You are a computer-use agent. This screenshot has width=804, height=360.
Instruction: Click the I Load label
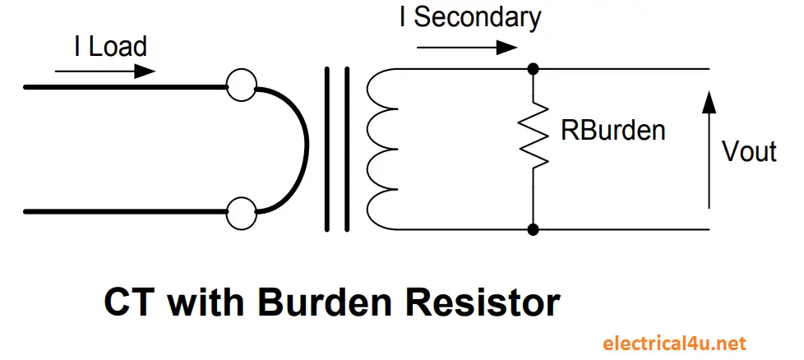coord(110,46)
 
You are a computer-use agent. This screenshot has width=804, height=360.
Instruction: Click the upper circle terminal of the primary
coord(241,85)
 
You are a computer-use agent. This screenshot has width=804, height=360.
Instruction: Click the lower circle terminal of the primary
coord(241,212)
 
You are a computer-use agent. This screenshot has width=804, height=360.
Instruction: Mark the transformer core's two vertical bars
coord(336,149)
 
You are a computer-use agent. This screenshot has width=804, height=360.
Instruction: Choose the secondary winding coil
coord(380,149)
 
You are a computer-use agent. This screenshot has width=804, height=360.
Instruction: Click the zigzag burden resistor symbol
coord(533,132)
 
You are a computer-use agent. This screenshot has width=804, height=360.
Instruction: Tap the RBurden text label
coord(612,130)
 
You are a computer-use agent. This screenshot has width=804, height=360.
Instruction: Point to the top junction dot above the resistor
coord(533,68)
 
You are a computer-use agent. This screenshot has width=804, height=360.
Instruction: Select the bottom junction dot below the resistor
coord(533,228)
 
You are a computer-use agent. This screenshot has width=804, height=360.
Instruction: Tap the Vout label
coord(748,152)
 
